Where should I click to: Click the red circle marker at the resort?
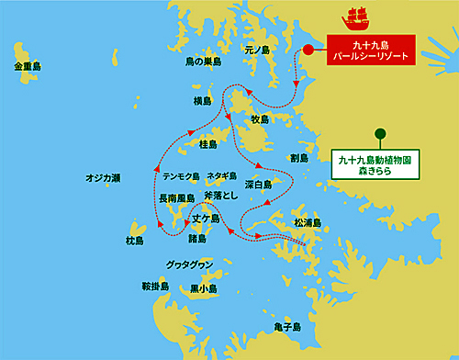[x=308, y=50]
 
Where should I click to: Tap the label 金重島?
[x=28, y=68]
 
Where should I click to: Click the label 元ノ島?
[x=258, y=50]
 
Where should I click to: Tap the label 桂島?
[x=208, y=144]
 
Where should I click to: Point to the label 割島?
[x=298, y=158]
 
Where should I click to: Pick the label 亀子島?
[x=301, y=327]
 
